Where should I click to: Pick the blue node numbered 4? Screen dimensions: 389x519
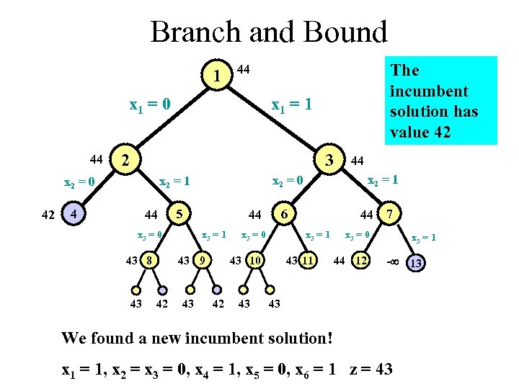pyautogui.click(x=71, y=214)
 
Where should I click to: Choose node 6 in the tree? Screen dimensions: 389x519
pyautogui.click(x=285, y=214)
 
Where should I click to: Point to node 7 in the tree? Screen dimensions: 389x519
pyautogui.click(x=390, y=214)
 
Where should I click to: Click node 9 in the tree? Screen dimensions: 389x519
pyautogui.click(x=203, y=260)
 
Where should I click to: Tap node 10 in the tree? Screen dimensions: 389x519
pyautogui.click(x=255, y=260)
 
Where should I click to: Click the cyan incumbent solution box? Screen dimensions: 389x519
pyautogui.click(x=440, y=101)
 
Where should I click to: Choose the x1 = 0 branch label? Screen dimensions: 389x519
pyautogui.click(x=149, y=105)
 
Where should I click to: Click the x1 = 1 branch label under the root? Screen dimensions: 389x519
pyautogui.click(x=290, y=105)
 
